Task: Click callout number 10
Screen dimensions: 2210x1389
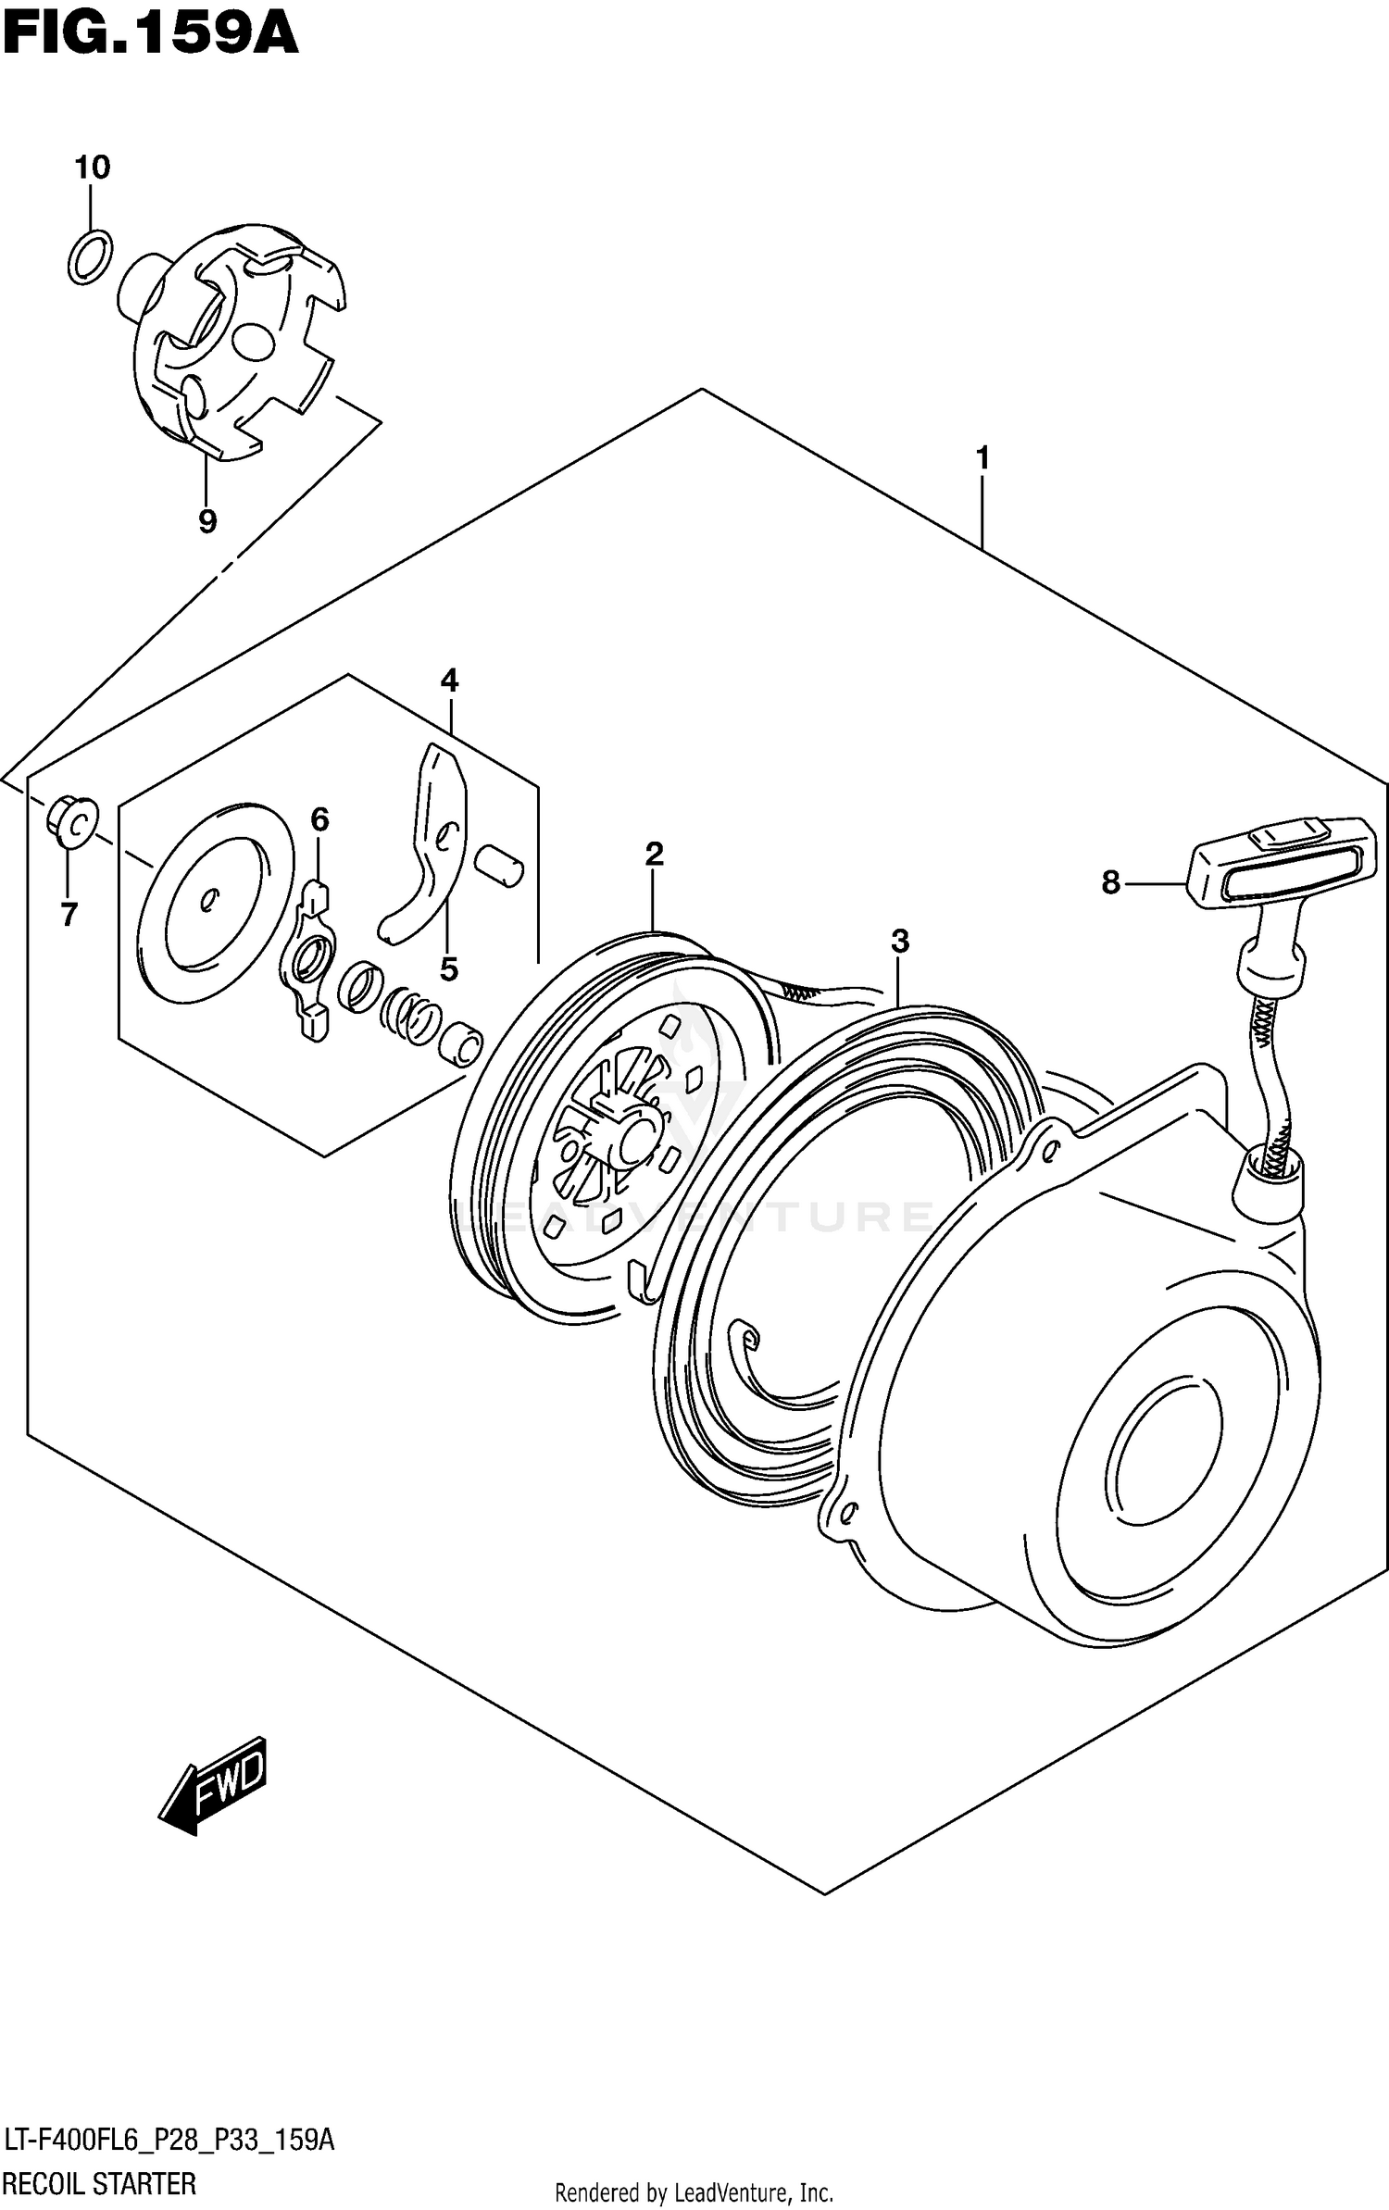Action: tap(92, 168)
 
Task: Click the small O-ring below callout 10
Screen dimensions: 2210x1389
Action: tap(91, 256)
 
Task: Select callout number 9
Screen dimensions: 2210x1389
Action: tap(207, 521)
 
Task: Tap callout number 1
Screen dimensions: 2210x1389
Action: tap(982, 458)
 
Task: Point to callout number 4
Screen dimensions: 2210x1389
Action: tap(449, 681)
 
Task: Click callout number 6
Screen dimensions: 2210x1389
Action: tap(319, 819)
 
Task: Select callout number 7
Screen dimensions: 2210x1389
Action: tap(69, 915)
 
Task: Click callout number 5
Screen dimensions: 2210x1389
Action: tap(449, 969)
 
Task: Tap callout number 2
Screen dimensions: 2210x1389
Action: tap(654, 854)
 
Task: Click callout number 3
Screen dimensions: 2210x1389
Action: tap(899, 942)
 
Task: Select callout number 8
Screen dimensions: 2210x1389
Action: tap(1110, 882)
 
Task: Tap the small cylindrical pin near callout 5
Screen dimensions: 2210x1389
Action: tap(499, 865)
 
